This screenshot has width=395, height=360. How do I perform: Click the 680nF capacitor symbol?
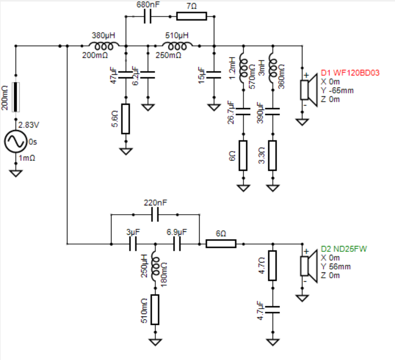click(x=148, y=17)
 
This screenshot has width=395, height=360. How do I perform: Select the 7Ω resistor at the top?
click(x=192, y=16)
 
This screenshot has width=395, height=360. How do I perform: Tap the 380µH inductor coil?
click(x=104, y=46)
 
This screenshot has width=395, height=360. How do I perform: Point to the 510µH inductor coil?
click(x=177, y=46)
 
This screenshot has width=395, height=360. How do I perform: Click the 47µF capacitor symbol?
click(x=126, y=75)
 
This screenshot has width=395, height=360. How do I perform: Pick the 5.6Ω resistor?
click(x=126, y=119)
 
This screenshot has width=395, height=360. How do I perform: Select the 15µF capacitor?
click(x=214, y=75)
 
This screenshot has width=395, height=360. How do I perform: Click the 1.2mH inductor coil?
click(x=243, y=68)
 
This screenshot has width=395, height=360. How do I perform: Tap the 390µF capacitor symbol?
click(x=273, y=112)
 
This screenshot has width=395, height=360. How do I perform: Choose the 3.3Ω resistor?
click(x=273, y=156)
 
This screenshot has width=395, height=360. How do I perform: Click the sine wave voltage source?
click(x=16, y=141)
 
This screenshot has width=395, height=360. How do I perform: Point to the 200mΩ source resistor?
click(x=16, y=97)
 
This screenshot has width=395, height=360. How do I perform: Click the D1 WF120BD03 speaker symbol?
click(x=309, y=90)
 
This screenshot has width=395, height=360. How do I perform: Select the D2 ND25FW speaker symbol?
click(x=309, y=266)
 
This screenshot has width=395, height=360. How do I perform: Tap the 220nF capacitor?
click(x=155, y=215)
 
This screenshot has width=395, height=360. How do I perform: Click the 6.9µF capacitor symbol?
click(x=177, y=244)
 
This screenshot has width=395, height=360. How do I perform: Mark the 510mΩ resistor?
click(x=155, y=310)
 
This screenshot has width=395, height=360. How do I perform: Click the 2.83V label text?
click(x=29, y=125)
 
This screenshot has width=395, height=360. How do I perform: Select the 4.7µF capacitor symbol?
click(x=273, y=310)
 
